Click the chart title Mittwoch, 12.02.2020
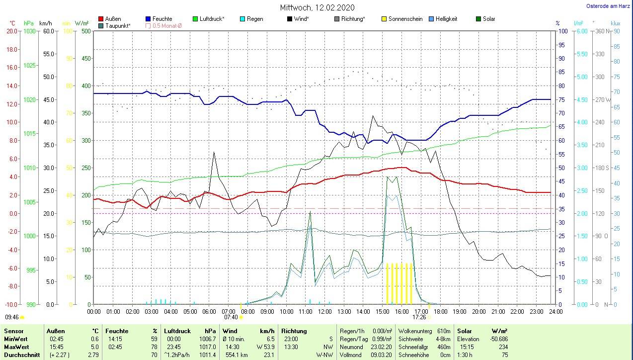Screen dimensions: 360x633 [316, 8]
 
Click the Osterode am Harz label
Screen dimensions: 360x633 [608, 6]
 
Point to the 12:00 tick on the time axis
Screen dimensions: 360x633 [324, 312]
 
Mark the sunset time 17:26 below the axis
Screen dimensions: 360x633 [419, 317]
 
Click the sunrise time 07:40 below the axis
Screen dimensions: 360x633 [231, 317]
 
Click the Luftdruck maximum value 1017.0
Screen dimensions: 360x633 [208, 347]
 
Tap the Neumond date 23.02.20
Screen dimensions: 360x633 [381, 347]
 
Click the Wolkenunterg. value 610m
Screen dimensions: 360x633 [443, 331]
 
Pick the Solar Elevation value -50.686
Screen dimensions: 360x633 [497, 339]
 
